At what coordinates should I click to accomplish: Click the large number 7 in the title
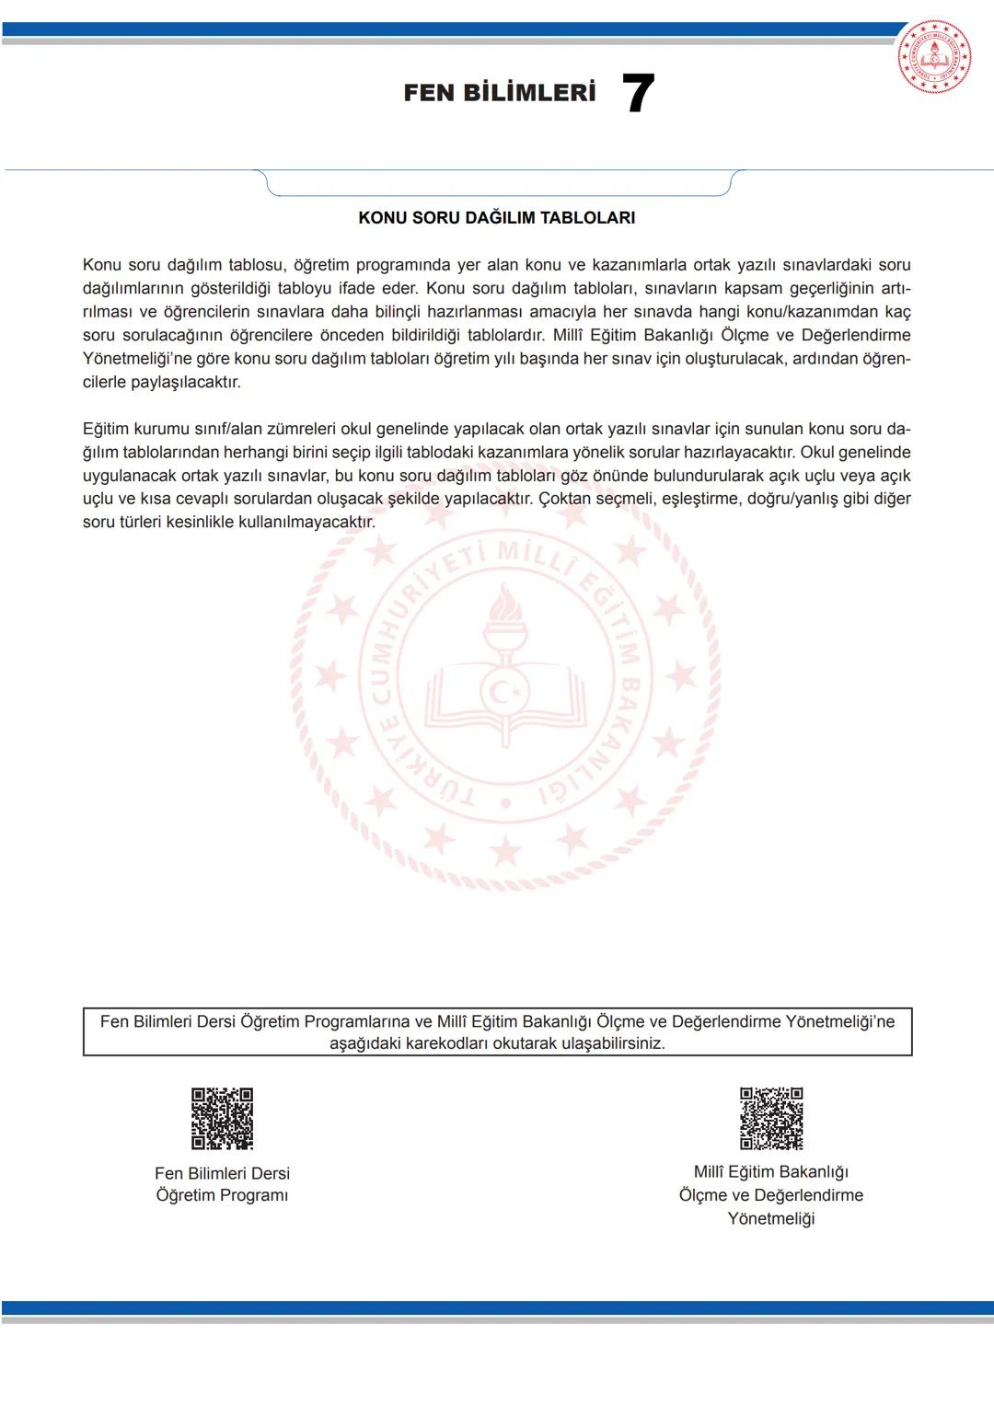[638, 94]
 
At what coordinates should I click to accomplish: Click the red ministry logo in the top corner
[934, 57]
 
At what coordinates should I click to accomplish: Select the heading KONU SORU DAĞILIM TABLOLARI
[497, 218]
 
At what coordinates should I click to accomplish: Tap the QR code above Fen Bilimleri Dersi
[222, 1118]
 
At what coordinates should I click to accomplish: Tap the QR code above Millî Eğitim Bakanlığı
[771, 1118]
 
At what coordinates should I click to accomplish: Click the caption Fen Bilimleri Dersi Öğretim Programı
[222, 1184]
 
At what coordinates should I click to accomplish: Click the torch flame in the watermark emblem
[503, 607]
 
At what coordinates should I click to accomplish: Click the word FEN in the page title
[430, 93]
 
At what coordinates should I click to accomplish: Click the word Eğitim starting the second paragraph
[106, 429]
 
